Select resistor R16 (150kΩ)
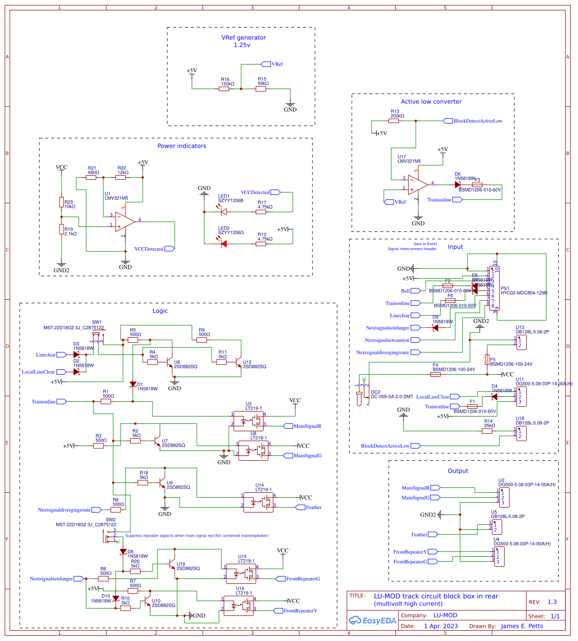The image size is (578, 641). coord(224,89)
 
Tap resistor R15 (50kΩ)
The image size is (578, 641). coord(261,89)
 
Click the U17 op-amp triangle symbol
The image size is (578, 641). coord(418,184)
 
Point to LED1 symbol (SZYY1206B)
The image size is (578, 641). coord(223,212)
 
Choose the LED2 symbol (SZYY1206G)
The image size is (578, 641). coord(223,244)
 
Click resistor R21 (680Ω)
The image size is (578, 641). coord(91,177)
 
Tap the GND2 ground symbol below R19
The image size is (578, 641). coord(61,266)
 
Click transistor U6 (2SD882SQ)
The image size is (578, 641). coord(170,363)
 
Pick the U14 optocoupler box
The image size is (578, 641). coord(258,502)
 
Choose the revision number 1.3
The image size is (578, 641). coord(552,602)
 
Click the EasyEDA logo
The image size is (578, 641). coord(372,620)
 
